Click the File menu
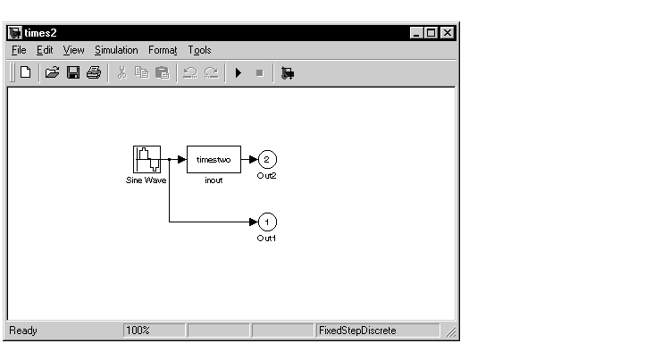point(19,50)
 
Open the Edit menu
point(45,50)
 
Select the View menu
point(73,50)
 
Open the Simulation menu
point(116,50)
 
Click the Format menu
point(163,50)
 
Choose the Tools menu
point(199,50)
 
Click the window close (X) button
point(447,32)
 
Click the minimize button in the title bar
point(418,32)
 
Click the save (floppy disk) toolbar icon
point(73,73)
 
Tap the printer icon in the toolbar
point(93,73)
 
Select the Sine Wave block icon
point(147,160)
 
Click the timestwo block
point(214,160)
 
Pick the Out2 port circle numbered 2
point(267,160)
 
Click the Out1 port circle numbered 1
point(267,222)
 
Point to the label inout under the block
point(214,180)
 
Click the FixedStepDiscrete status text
point(357,331)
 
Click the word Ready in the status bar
point(23,331)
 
